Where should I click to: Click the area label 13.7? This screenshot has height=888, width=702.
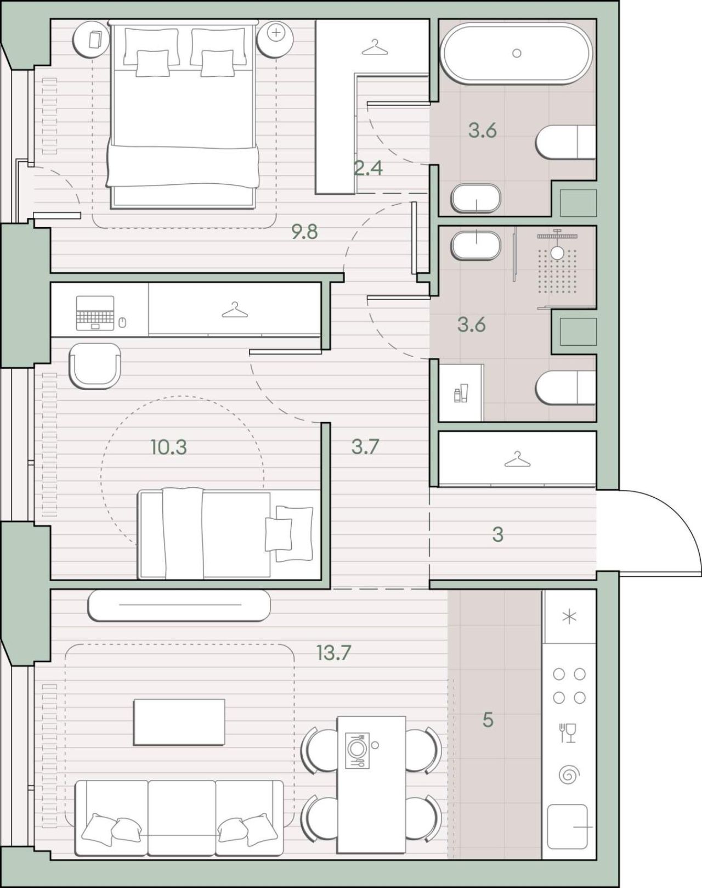(x=333, y=653)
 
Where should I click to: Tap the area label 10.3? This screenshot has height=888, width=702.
(x=169, y=447)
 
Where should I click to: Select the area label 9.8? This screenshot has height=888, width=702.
(x=305, y=232)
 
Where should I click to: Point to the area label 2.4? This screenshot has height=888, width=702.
(x=369, y=168)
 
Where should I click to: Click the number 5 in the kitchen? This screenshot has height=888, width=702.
(x=488, y=720)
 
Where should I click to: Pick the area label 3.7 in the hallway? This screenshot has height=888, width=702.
(x=365, y=447)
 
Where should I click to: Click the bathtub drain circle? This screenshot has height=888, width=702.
(x=517, y=53)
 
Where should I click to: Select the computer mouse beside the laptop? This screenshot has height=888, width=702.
(x=122, y=322)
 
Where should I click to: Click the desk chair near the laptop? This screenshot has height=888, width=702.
(x=95, y=366)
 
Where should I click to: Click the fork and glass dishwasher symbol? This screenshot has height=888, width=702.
(x=568, y=733)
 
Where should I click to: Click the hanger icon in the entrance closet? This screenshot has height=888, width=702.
(x=517, y=459)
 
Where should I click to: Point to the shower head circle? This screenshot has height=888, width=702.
(x=557, y=252)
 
